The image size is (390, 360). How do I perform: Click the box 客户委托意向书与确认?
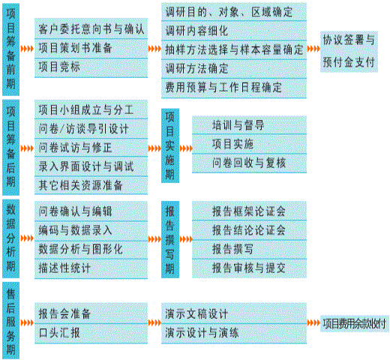(91, 28)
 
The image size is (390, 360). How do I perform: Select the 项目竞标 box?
(91, 68)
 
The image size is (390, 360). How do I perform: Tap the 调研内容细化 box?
(234, 31)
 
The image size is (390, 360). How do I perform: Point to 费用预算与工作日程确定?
(234, 88)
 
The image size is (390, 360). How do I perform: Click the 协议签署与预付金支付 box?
(349, 52)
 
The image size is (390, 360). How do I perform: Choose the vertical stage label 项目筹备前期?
(10, 49)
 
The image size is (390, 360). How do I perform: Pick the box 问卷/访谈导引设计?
(91, 129)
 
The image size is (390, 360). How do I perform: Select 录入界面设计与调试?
(91, 166)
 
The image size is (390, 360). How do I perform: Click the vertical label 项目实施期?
(170, 145)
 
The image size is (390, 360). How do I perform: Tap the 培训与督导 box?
(249, 125)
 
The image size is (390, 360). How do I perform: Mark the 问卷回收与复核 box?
(249, 163)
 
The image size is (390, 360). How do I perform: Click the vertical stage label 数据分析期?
(10, 238)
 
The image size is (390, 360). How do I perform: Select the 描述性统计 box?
(91, 268)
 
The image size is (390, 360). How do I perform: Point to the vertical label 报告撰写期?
(170, 239)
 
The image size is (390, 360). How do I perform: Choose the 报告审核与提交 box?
(249, 268)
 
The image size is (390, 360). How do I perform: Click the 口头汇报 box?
(91, 334)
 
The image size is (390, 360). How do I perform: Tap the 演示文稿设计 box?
(234, 313)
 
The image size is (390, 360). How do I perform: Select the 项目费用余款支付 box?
(355, 323)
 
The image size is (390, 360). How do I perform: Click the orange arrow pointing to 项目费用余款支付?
(313, 323)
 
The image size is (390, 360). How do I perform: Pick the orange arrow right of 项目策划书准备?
(154, 49)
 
